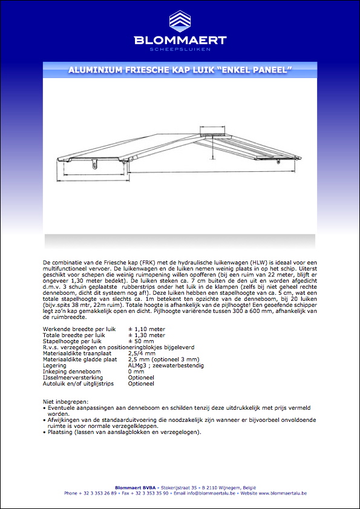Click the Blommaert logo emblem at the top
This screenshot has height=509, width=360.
[x=180, y=22]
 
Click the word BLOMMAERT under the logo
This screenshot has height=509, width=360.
[x=180, y=41]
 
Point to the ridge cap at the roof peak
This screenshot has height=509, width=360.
[x=211, y=131]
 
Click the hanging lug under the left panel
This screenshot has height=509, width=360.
[x=94, y=163]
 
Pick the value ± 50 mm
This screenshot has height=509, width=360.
[x=142, y=341]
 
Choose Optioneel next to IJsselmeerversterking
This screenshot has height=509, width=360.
[x=141, y=378]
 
